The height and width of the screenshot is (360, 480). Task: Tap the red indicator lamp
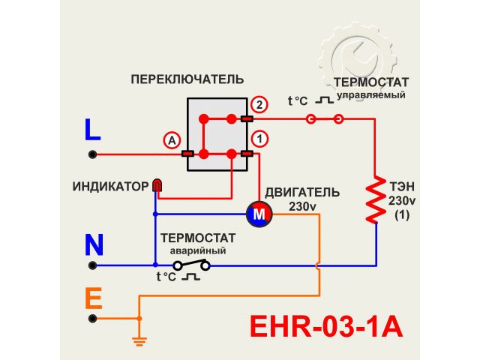point(157,184)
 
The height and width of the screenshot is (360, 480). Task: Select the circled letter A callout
point(172,139)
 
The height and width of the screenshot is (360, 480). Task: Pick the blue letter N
point(94,245)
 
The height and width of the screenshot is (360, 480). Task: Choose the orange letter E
point(93,299)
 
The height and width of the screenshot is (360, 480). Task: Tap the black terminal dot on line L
point(93,154)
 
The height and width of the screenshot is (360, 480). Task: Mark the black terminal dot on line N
point(93,265)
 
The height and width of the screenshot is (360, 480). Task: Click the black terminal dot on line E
point(93,318)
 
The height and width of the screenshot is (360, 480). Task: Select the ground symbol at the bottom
point(138,341)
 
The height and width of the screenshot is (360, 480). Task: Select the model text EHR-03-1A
point(325,327)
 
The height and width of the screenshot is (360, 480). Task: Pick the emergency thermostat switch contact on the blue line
point(191,265)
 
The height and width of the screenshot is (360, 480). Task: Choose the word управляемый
point(370,96)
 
